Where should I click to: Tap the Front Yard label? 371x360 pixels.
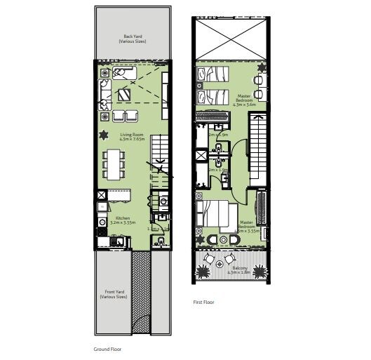114,295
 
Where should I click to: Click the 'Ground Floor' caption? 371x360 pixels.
108,348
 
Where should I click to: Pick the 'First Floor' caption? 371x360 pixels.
203,302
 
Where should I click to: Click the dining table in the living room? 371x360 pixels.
113,166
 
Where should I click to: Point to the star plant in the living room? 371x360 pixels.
104,135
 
